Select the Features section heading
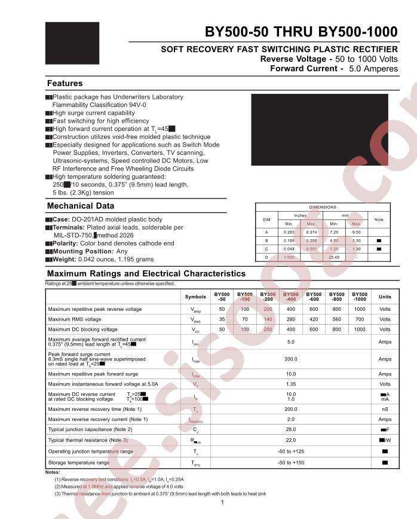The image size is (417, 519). coord(65,83)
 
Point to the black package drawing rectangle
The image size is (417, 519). coord(320,129)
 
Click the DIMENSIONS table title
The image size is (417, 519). coord(323,207)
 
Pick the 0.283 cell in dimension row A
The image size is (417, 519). coord(289,232)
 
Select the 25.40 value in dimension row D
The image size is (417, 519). coord(335,257)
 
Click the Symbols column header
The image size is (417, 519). coord(195,297)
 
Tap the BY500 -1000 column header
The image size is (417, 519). coord(360,297)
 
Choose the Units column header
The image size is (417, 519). coord(385,297)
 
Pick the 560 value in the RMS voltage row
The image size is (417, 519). coord(337,319)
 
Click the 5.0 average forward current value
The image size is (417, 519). coord(291,342)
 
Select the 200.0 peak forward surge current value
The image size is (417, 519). coord(291,359)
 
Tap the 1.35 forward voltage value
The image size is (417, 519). coord(291,384)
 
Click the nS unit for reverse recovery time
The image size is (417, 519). coord(385,409)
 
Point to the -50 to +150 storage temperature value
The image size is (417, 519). coord(291,463)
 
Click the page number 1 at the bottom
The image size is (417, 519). coord(222,503)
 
